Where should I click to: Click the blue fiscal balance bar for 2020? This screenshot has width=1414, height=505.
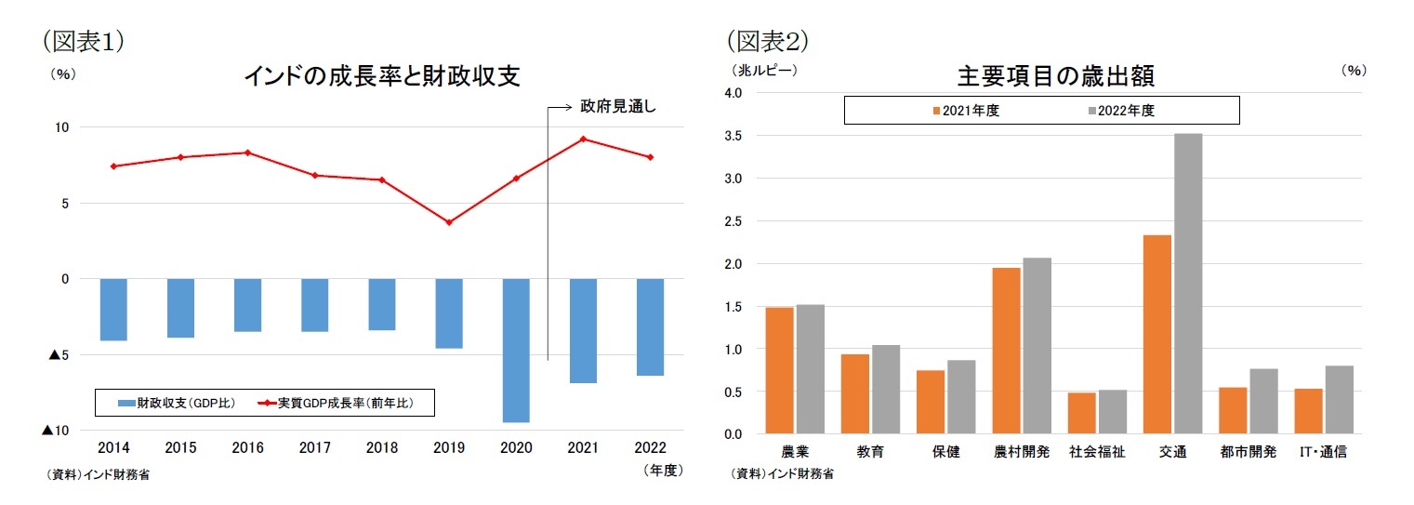tap(516, 350)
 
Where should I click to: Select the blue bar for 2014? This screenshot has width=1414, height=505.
tap(113, 310)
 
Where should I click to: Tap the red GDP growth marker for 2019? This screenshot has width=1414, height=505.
tap(449, 222)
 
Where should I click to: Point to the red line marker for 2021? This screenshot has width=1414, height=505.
tap(583, 139)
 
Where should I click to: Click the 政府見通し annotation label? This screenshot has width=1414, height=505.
tap(617, 107)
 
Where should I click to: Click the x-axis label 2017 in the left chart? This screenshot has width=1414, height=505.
tap(314, 447)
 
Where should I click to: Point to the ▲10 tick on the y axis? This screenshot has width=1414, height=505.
tap(51, 431)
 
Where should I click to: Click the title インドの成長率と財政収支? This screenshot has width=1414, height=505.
tap(381, 76)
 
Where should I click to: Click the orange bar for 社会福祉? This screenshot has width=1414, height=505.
tap(1082, 413)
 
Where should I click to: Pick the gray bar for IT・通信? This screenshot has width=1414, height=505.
tap(1339, 400)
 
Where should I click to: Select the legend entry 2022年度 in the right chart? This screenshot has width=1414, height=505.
tap(1119, 111)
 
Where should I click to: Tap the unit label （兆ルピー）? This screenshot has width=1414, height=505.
tap(757, 69)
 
